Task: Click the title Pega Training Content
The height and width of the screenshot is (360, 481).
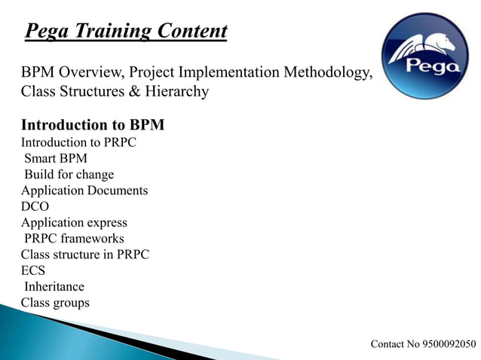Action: point(126,32)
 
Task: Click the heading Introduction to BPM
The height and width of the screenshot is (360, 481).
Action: point(93,125)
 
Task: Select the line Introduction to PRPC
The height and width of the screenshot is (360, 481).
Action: point(78,142)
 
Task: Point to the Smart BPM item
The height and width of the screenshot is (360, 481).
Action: point(56,159)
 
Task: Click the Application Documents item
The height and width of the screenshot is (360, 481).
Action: point(84,191)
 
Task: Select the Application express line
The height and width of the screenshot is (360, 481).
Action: point(74,223)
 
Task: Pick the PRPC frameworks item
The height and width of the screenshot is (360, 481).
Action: point(74,239)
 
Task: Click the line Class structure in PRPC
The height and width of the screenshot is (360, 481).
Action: point(85,255)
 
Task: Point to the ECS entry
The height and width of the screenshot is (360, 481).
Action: point(33,271)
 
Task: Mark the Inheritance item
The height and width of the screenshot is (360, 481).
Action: point(54,287)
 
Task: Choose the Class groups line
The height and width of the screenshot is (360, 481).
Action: point(55,303)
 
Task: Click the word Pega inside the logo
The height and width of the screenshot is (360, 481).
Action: point(433,66)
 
